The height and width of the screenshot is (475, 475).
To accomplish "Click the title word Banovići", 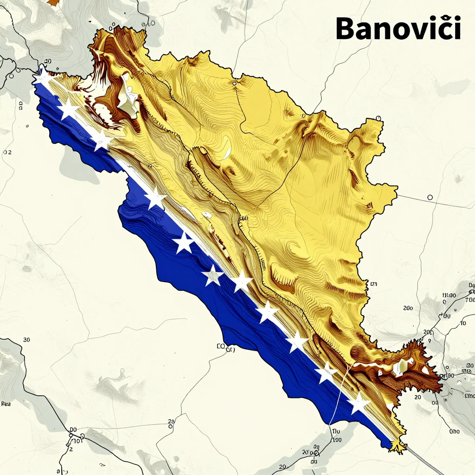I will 398,29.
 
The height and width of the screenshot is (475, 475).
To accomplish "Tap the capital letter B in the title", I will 347,29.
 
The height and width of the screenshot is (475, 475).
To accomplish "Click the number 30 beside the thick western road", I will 26,340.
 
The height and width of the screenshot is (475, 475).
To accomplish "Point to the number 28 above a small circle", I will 171,421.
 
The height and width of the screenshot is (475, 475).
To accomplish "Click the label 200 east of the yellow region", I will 408,308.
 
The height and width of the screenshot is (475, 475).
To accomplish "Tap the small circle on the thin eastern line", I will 430,198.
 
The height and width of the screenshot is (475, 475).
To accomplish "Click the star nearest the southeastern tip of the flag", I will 359,403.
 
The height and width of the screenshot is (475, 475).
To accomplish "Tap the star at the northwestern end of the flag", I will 44,77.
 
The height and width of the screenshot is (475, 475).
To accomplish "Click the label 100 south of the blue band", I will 336,439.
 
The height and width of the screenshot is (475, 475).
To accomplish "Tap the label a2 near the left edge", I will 7,152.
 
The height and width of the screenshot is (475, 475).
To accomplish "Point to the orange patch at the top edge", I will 53,2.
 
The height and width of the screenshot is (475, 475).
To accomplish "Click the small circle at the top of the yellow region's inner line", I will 234,84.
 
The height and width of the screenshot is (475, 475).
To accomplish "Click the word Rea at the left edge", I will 6,404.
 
